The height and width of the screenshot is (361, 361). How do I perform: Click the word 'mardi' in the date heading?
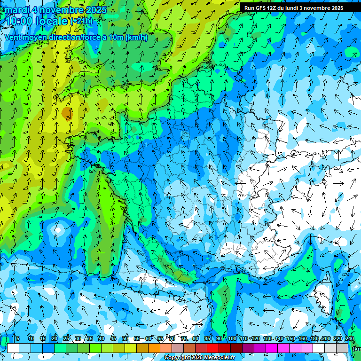pyautogui.click(x=17, y=10)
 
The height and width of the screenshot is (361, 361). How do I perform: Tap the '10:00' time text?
pyautogui.click(x=19, y=21)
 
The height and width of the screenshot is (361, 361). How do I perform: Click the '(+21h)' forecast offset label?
pyautogui.click(x=81, y=21)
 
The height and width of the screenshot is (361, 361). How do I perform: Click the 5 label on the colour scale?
pyautogui.click(x=18, y=338)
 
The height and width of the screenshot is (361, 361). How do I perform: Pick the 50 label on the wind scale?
pyautogui.click(x=125, y=338)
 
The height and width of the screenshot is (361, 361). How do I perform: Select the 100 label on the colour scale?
pyautogui.click(x=232, y=338)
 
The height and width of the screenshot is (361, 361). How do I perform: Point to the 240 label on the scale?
pyautogui.click(x=350, y=338)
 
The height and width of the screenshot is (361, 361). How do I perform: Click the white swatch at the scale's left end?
pyautogui.click(x=13, y=348)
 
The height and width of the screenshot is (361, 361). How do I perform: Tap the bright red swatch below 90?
pyautogui.click(x=213, y=348)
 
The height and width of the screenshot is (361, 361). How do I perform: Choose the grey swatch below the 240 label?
pyautogui.click(x=343, y=348)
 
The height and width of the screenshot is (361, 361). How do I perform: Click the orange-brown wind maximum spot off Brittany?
pyautogui.click(x=67, y=113)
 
